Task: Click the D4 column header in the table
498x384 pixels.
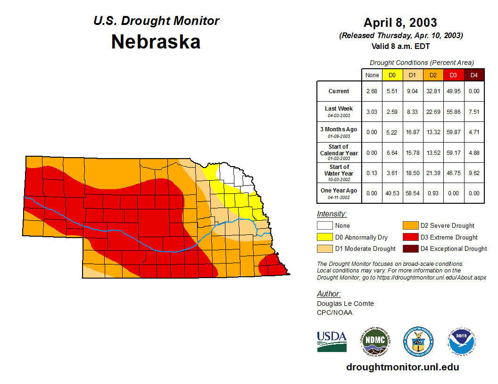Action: click(x=474, y=75)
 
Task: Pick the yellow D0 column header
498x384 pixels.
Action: click(x=392, y=75)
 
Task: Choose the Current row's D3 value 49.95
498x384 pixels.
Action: click(x=453, y=91)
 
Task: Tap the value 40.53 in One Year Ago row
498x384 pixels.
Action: click(x=392, y=193)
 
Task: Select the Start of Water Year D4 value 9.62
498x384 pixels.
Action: click(x=474, y=173)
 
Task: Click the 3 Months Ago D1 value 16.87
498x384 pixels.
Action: click(x=412, y=132)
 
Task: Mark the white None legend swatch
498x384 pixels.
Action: click(x=324, y=226)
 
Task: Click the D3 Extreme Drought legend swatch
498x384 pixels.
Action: click(x=410, y=237)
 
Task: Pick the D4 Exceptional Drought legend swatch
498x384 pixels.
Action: click(x=410, y=248)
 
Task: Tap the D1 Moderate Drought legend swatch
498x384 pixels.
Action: click(x=324, y=248)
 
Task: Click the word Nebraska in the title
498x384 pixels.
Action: click(x=156, y=42)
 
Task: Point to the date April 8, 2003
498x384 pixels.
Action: click(x=400, y=23)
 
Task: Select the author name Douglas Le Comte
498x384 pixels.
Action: click(x=345, y=304)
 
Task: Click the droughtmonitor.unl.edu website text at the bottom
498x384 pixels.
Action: click(x=402, y=367)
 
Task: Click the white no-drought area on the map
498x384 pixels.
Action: click(x=231, y=175)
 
